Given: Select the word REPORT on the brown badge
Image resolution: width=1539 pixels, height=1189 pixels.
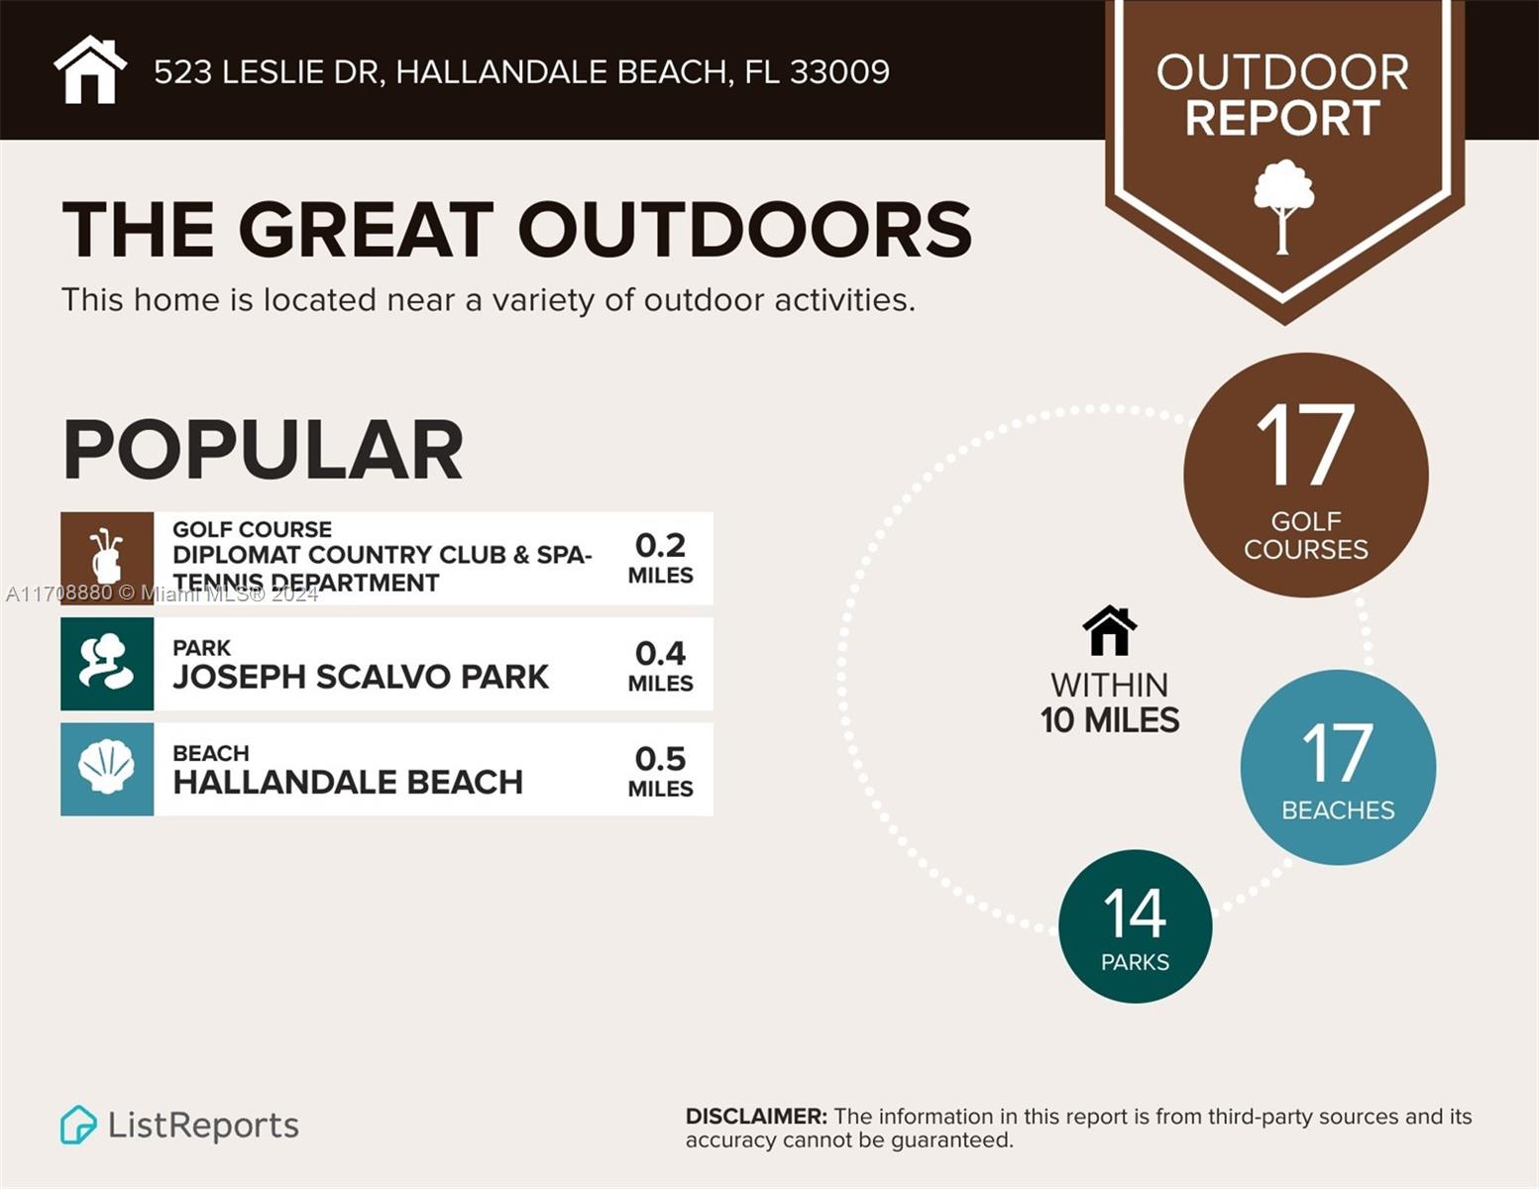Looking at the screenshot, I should [x=1282, y=118].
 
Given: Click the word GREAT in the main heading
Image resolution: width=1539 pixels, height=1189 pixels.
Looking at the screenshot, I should [x=366, y=231].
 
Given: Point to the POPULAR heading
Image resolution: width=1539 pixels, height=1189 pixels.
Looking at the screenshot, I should [x=263, y=451].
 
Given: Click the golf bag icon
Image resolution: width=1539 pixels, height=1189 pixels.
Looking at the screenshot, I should [x=107, y=558].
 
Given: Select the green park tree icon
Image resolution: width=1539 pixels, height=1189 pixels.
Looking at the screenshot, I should [x=107, y=664].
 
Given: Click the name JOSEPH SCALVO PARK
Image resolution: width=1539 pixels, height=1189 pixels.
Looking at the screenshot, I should [x=361, y=677].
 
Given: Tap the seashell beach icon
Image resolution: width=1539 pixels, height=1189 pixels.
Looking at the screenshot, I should [x=107, y=769].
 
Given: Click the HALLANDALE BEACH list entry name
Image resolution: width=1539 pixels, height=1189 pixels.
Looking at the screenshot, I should [x=348, y=782].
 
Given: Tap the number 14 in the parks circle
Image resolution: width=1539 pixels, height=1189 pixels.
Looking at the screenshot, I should [x=1135, y=914].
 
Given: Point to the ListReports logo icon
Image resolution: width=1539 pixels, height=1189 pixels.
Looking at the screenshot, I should [x=78, y=1125].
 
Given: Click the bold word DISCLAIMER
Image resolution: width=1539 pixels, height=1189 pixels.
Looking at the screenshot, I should [x=756, y=1117].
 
